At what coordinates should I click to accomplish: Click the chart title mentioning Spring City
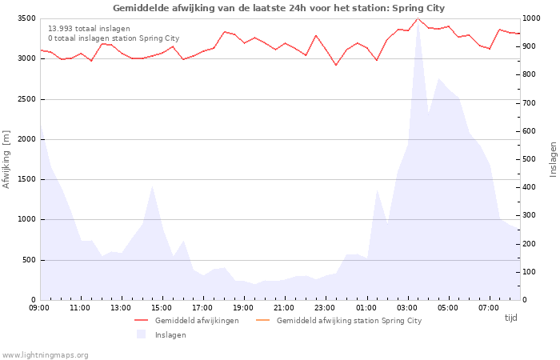point(278,8)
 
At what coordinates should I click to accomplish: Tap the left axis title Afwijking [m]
point(7,158)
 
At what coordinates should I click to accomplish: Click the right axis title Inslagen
point(553,158)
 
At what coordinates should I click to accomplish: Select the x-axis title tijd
point(510,318)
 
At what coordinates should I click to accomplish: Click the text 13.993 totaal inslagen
point(87,28)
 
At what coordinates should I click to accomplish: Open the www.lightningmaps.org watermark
point(46,354)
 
